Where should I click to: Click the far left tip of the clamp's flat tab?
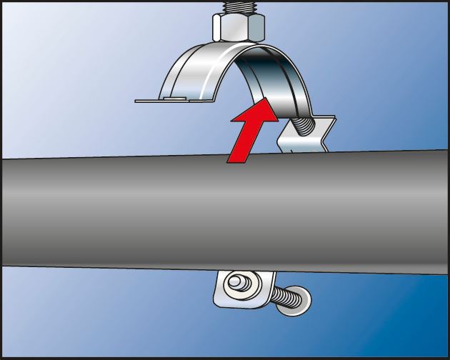coord(138,101)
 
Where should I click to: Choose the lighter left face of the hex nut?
coord(222,27)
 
